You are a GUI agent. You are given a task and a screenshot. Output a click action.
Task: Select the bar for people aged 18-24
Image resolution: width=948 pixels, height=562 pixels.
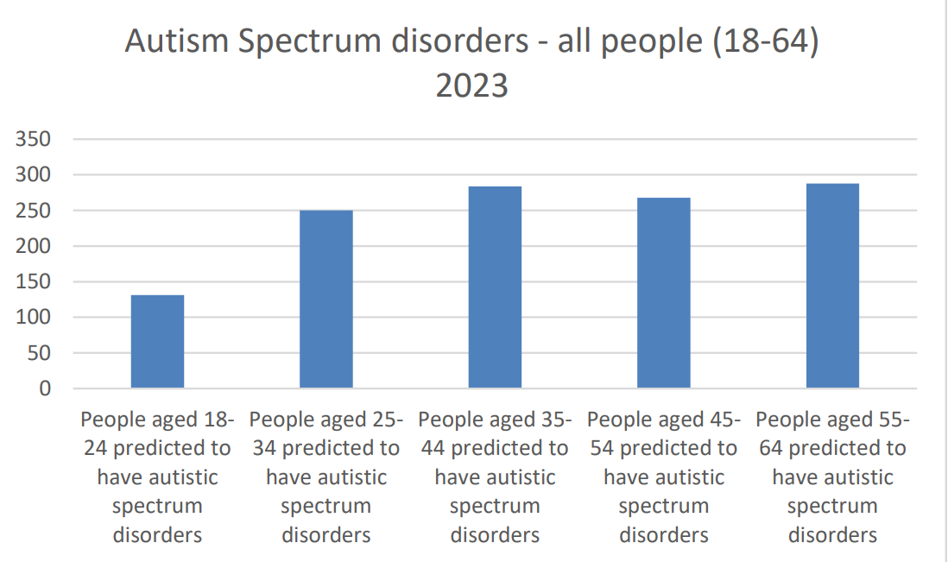tap(157, 342)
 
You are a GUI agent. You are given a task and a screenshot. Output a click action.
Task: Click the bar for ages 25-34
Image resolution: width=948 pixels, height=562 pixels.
tap(326, 300)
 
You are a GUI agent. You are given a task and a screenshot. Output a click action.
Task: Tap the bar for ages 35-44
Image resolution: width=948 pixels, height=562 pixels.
tap(495, 287)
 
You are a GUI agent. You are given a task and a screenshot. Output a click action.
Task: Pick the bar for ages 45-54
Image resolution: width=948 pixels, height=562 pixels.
tap(664, 293)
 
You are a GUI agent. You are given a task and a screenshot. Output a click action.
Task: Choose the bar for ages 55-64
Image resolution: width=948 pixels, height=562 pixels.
tap(832, 286)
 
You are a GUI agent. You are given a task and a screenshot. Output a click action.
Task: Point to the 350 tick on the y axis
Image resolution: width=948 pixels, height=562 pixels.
tap(37, 139)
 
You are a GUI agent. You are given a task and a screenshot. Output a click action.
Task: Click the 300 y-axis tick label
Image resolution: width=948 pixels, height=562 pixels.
tap(37, 175)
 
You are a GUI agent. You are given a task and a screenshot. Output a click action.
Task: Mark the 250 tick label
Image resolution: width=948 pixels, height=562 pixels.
tap(37, 211)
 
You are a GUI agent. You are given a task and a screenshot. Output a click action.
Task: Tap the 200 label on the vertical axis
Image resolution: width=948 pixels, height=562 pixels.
tap(37, 246)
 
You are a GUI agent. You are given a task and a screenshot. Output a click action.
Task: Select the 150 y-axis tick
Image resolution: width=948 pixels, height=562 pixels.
tap(37, 281)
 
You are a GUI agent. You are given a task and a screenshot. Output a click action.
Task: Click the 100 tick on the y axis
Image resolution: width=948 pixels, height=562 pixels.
tap(37, 317)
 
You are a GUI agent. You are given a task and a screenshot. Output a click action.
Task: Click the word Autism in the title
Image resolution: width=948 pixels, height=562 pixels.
tap(170, 41)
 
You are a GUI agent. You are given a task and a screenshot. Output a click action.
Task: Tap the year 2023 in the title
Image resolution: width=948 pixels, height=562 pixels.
tap(471, 86)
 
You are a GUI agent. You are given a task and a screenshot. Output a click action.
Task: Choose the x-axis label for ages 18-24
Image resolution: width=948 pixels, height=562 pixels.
tap(157, 477)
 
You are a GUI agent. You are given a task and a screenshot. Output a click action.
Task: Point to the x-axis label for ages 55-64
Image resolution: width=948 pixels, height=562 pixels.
tap(832, 477)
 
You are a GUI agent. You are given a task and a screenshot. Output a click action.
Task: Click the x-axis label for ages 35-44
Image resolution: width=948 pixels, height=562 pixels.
tap(495, 477)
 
